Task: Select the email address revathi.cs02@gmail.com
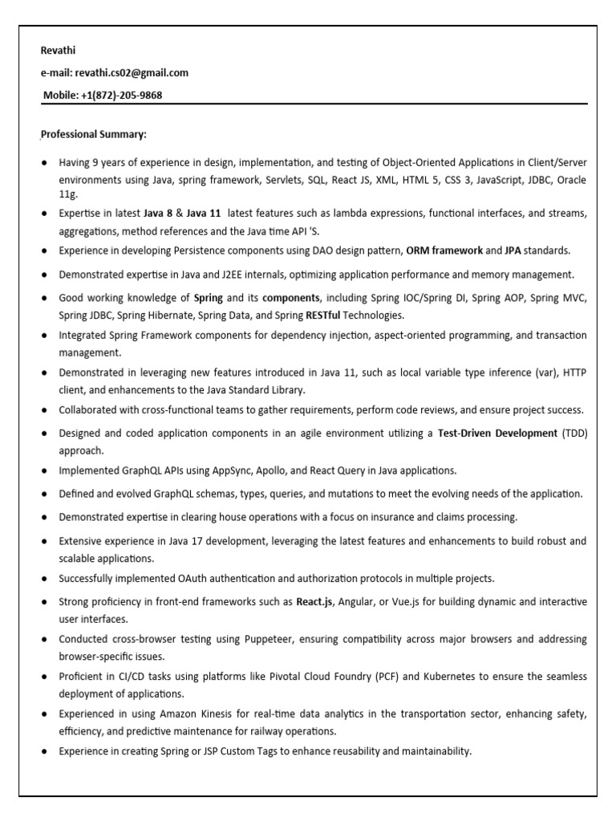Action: click(x=132, y=73)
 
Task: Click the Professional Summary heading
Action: click(x=94, y=134)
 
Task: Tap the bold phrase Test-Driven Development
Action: click(x=497, y=433)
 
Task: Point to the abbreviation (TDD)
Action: click(x=574, y=433)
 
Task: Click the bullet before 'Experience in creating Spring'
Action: click(x=43, y=752)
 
